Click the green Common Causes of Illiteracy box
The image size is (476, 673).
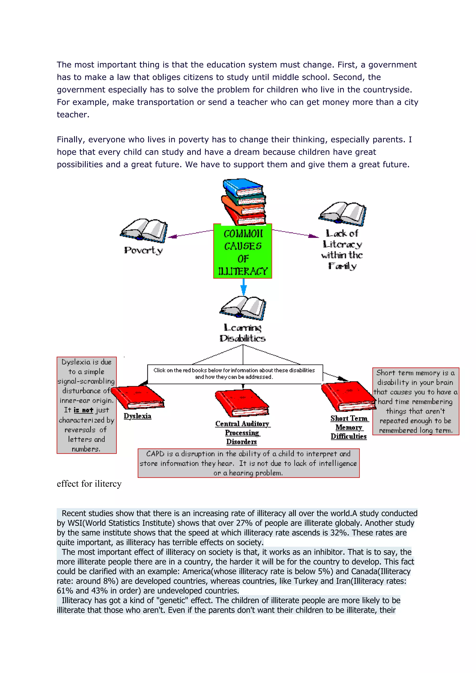(243, 252)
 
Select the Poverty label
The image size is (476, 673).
(143, 250)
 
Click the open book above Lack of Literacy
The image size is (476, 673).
(342, 213)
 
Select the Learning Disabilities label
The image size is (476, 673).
(243, 333)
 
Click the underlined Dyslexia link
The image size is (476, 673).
(137, 416)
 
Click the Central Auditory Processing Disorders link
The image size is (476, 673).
(242, 432)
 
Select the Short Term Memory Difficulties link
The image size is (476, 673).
(349, 427)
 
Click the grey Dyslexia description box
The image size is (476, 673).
(86, 405)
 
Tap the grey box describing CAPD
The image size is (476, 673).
(248, 463)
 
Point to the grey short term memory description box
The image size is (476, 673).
(416, 401)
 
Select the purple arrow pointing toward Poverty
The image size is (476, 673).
(191, 234)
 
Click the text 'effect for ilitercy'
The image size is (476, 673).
(89, 484)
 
